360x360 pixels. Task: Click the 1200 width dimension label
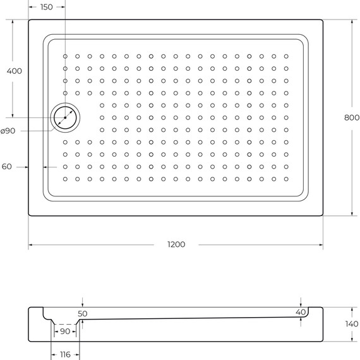177,245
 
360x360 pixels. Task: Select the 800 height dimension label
352,117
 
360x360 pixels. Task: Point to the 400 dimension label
14,71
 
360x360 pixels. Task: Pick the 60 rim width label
7,167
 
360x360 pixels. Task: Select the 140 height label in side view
351,324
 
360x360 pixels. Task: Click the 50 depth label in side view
83,313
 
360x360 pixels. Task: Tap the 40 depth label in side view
301,312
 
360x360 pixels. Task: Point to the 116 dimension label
65,355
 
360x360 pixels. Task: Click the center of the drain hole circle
65,117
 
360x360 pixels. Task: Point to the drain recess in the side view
63,320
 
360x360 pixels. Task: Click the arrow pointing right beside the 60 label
26,167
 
